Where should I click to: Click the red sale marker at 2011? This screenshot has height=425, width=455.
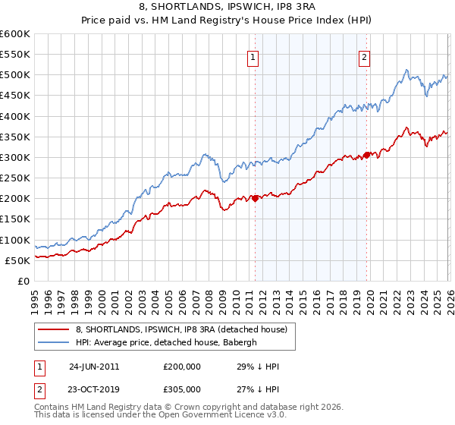(x=255, y=198)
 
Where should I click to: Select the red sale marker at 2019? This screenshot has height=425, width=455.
(x=366, y=155)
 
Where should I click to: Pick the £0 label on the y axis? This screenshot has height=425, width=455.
(x=24, y=281)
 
